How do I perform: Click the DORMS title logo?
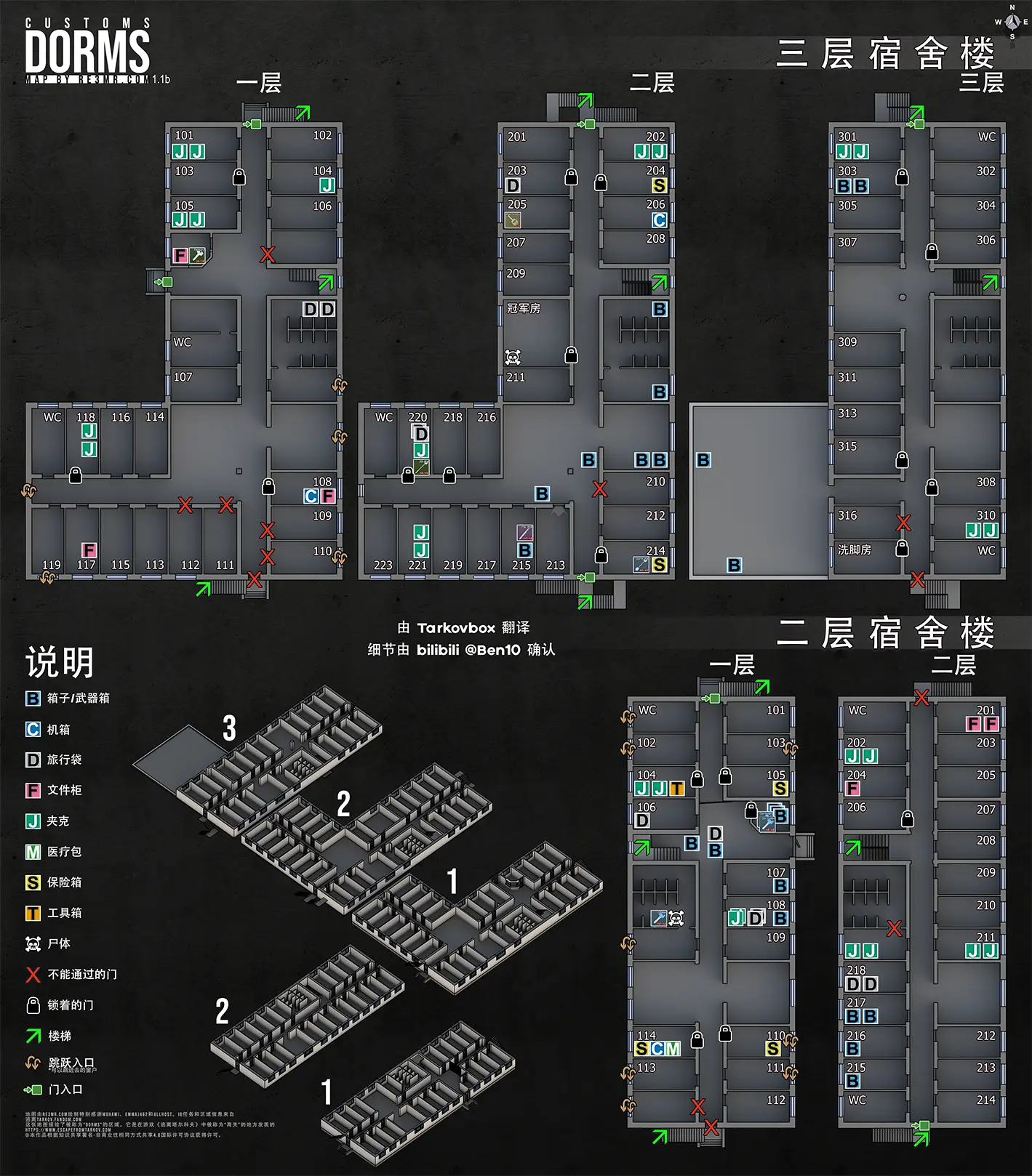tap(87, 51)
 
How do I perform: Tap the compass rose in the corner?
tap(1012, 23)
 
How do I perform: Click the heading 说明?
tap(60, 662)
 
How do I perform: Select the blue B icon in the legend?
tap(33, 698)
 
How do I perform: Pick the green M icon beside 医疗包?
tap(33, 852)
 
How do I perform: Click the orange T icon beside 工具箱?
tap(33, 914)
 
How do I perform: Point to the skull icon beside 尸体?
tap(33, 944)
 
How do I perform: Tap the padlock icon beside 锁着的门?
tap(33, 1005)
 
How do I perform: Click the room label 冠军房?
tap(524, 308)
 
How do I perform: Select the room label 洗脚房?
tap(855, 549)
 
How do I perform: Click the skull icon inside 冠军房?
tap(513, 357)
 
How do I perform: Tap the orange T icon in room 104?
tap(676, 789)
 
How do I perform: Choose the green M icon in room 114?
tap(673, 1049)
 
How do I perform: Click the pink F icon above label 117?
tap(89, 550)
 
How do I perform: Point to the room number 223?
tap(383, 565)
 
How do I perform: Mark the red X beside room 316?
tap(903, 523)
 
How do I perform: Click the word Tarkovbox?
tap(456, 628)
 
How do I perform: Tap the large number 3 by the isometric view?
tap(229, 728)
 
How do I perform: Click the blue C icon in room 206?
tap(659, 220)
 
